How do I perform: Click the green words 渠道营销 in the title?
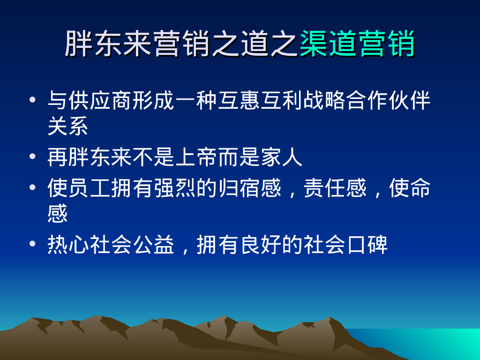pos(357,44)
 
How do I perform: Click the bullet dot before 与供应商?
pos(31,100)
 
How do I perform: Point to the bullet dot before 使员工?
pos(31,187)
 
